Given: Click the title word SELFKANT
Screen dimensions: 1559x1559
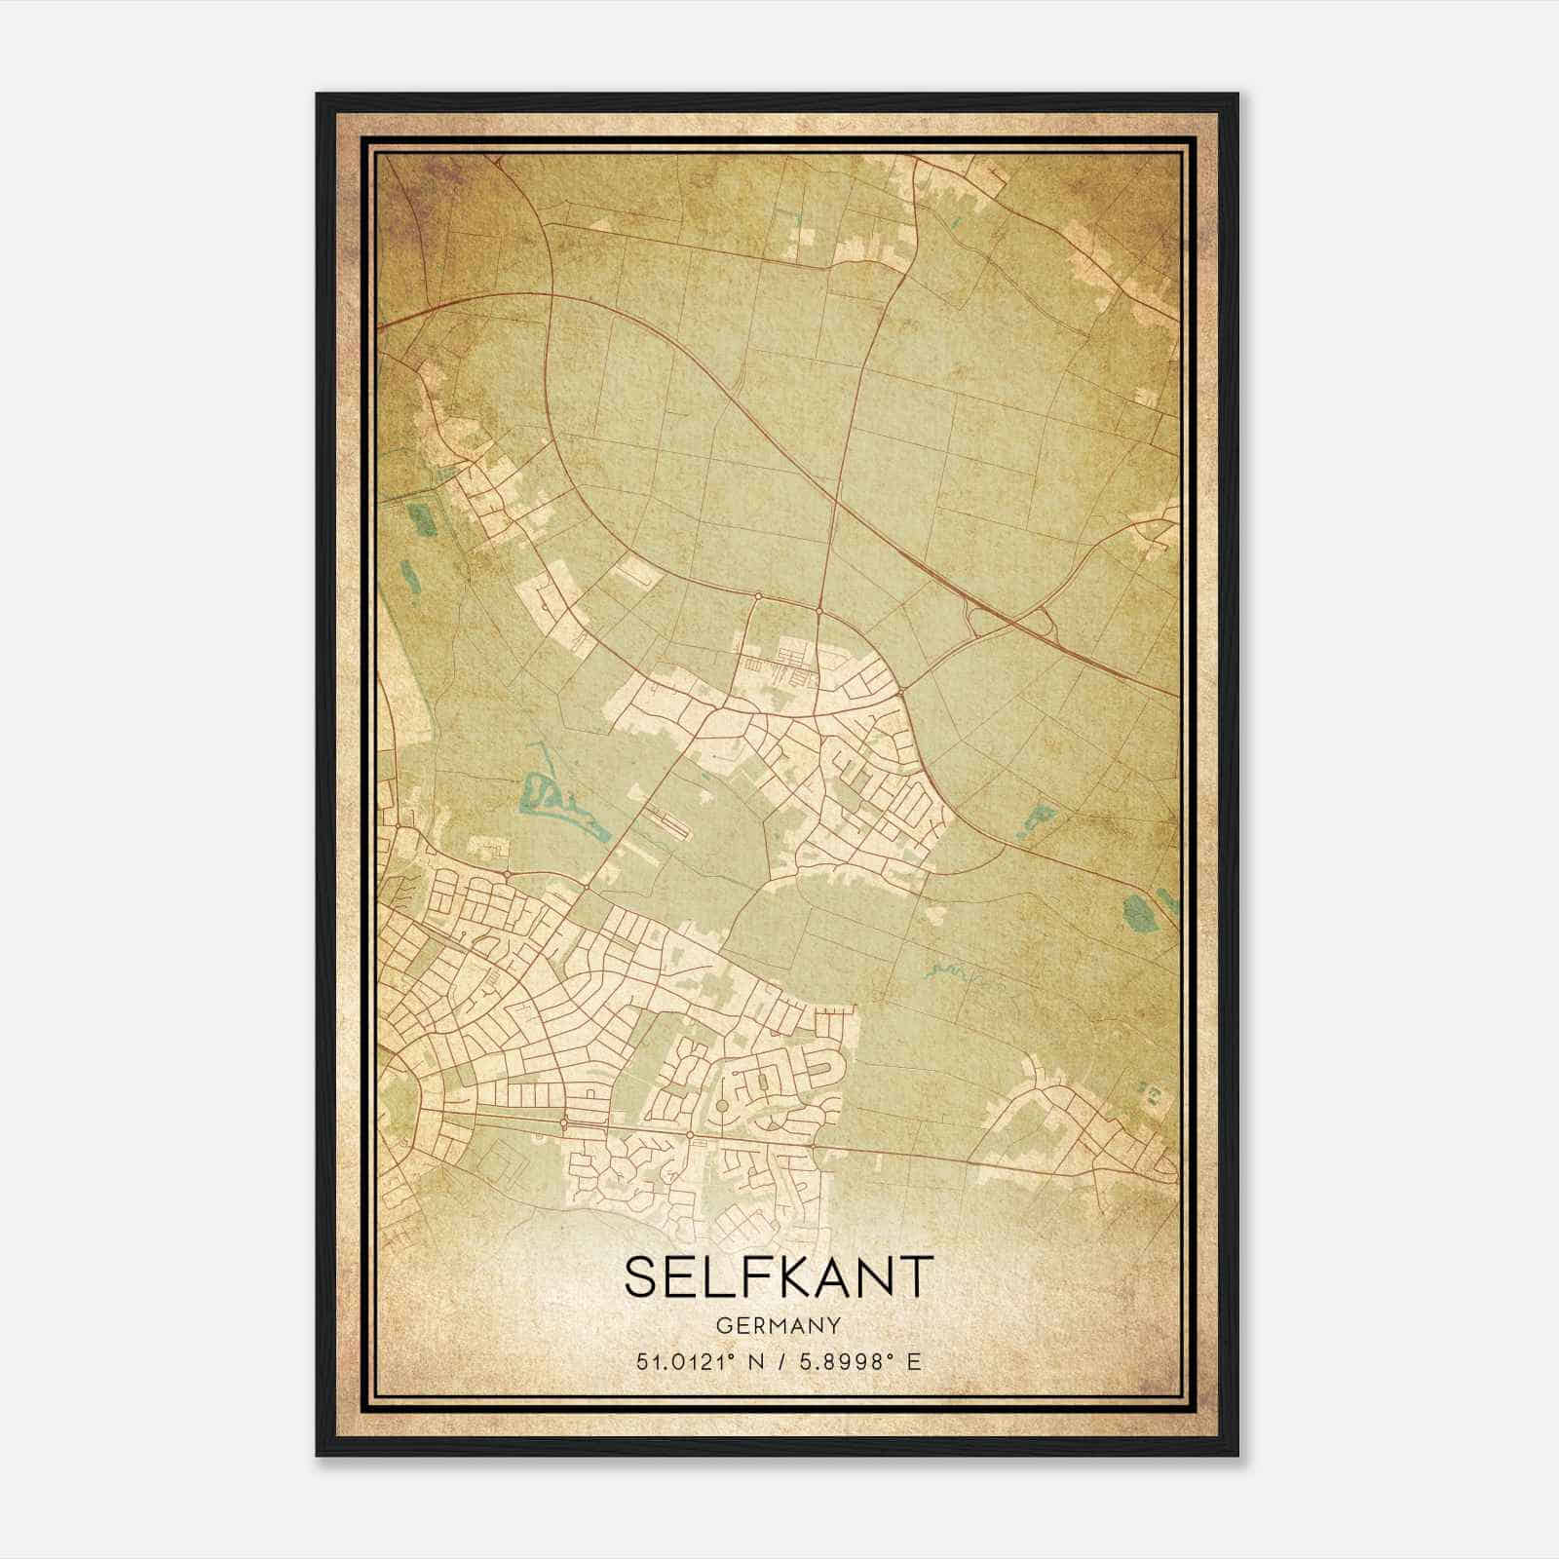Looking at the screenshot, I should click(778, 1276).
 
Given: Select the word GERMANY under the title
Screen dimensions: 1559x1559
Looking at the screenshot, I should click(778, 1326).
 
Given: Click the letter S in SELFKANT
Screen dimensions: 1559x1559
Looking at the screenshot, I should click(643, 1276).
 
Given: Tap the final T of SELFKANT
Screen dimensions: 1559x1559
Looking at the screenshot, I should click(914, 1276).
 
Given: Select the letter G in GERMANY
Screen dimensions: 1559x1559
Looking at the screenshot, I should click(722, 1326).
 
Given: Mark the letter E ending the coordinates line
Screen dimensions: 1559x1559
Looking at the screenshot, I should click(913, 1362).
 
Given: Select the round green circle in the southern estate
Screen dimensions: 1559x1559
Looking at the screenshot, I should click(722, 1105).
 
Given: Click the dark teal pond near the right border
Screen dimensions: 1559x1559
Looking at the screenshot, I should click(1136, 914).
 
